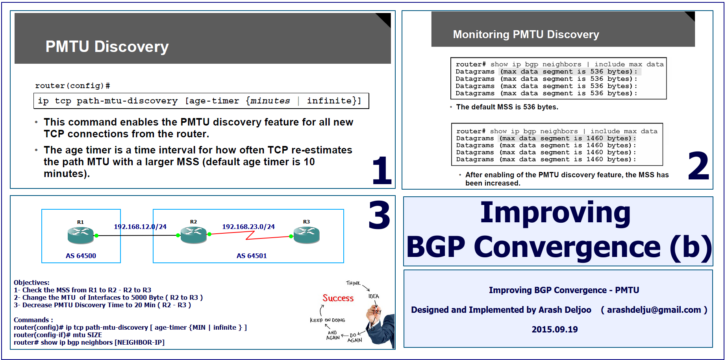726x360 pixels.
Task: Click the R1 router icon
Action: tap(81, 235)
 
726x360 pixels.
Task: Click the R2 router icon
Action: tap(193, 235)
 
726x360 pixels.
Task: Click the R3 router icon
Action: tap(307, 235)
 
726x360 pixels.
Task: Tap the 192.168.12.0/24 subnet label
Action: tap(140, 227)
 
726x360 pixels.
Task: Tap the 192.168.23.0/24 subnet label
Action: tap(248, 227)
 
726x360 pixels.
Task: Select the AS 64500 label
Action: tap(81, 256)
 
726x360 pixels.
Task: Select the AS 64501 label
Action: tap(252, 256)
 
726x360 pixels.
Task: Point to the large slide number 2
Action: tap(698, 166)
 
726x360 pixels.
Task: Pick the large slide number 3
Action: tap(379, 215)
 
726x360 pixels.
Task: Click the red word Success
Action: tap(338, 298)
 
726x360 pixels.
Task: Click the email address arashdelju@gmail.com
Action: tap(654, 310)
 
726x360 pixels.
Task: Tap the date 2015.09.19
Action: tap(555, 330)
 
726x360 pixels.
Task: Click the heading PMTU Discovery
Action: tap(107, 46)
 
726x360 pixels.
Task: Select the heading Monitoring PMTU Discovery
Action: tap(526, 35)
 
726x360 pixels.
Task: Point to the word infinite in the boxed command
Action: tap(329, 101)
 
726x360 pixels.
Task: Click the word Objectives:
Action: tap(31, 282)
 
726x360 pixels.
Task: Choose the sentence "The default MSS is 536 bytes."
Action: tap(507, 107)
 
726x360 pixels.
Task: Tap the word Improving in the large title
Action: tap(555, 213)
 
